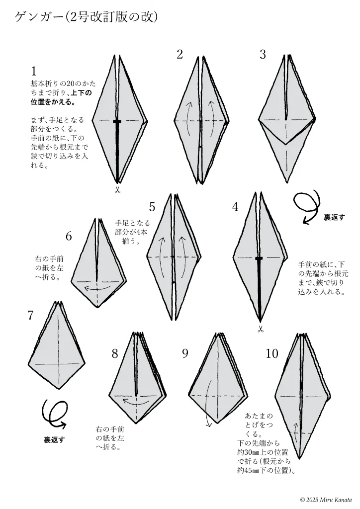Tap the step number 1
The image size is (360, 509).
[x=34, y=71]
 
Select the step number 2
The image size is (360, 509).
[x=180, y=54]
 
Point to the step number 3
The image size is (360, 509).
[x=263, y=54]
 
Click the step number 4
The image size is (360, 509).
[x=236, y=206]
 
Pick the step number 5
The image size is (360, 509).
[x=152, y=206]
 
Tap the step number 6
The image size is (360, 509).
[x=69, y=236]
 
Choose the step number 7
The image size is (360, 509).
[x=30, y=315]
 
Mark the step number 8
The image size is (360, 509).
[x=115, y=353]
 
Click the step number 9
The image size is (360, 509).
[x=185, y=353]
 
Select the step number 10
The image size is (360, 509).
[x=272, y=353]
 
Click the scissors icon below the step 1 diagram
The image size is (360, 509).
[x=117, y=190]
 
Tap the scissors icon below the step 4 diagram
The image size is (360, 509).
[x=261, y=329]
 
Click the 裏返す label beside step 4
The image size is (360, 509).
[x=334, y=218]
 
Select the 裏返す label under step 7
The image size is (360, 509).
[x=54, y=440]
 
